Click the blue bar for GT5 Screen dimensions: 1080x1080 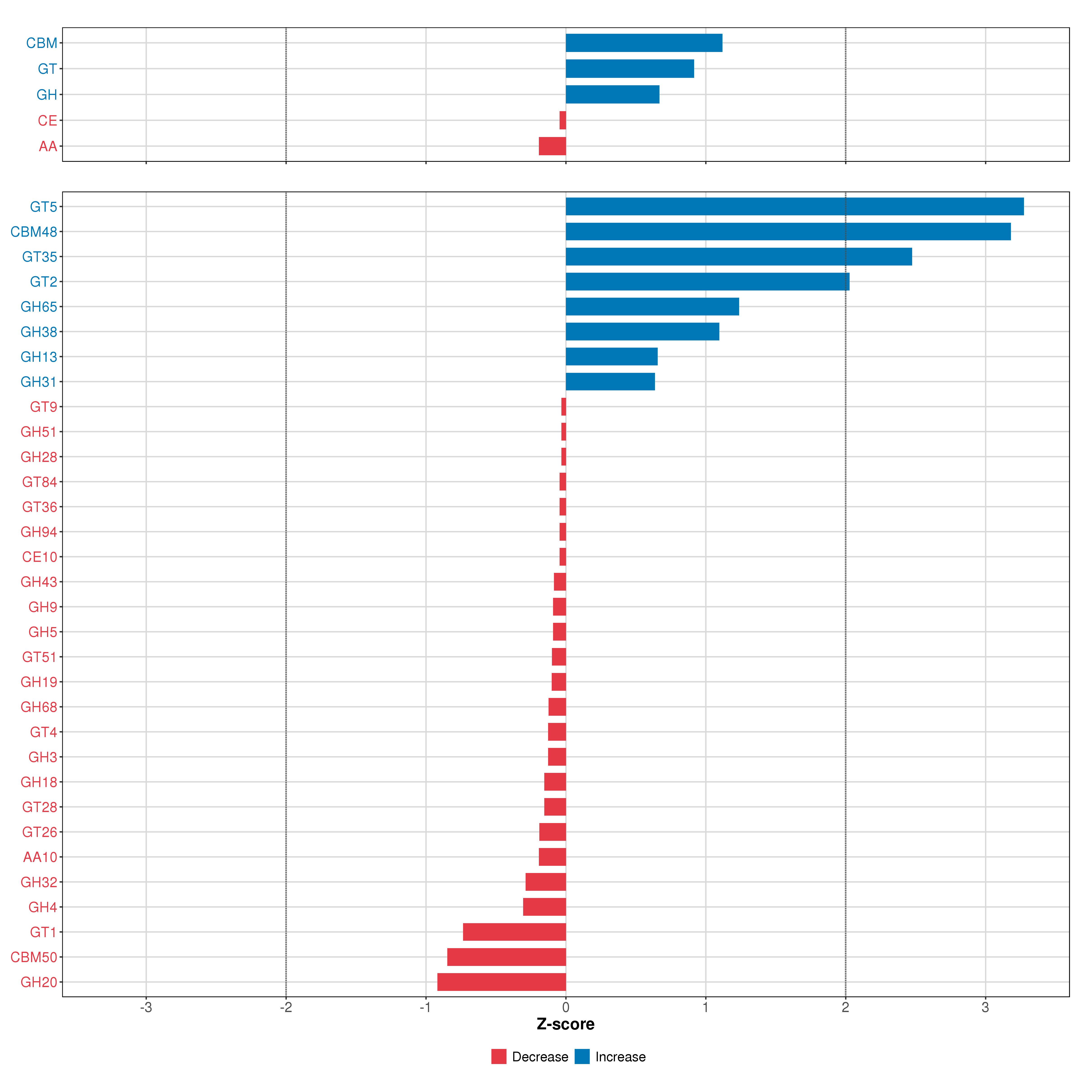[x=794, y=206]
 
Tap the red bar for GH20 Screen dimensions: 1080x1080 [x=502, y=982]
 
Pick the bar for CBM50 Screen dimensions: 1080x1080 [x=506, y=957]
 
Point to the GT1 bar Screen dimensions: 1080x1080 [x=514, y=932]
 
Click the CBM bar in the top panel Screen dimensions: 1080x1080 [x=643, y=43]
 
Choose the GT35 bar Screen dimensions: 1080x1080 [x=738, y=256]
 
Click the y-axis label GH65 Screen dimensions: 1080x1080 [x=38, y=307]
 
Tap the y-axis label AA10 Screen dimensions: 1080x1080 [x=40, y=857]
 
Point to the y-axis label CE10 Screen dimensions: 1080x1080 [x=40, y=557]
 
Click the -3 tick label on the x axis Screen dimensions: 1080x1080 [x=146, y=1007]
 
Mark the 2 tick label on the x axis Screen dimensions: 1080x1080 [x=845, y=1007]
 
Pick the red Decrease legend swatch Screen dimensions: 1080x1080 [x=499, y=1057]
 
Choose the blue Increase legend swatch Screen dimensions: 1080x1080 [x=582, y=1057]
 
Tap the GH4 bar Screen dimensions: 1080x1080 [x=544, y=907]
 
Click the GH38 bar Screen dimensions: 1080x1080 [x=642, y=331]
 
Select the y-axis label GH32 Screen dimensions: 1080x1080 [x=38, y=882]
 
